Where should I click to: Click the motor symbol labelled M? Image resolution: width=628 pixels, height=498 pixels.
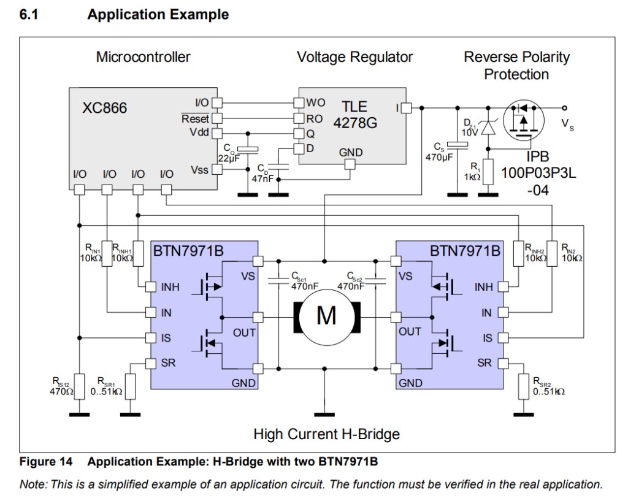pos(326,316)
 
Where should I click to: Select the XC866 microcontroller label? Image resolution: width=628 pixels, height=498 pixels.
pos(105,108)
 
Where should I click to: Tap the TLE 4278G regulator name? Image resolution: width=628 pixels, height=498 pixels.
pos(355,115)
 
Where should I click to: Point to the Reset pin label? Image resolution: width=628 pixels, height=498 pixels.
pos(195,118)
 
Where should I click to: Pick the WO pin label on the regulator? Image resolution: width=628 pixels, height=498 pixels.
pos(315,102)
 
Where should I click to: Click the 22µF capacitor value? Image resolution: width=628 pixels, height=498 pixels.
pos(228,159)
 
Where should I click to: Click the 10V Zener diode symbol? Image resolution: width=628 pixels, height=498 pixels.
pos(488,128)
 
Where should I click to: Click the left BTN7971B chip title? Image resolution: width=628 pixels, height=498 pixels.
pos(188,251)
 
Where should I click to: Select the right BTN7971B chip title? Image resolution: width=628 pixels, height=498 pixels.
pos(465,251)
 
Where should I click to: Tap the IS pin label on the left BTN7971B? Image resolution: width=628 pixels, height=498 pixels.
pos(166,337)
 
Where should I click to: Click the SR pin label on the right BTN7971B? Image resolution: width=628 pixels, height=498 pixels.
pos(484,363)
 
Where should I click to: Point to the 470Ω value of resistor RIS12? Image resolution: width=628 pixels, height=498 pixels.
pos(61,391)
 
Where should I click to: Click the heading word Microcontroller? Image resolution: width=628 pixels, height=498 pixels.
pos(143,57)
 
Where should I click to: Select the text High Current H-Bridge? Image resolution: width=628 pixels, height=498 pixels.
pos(326,434)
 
